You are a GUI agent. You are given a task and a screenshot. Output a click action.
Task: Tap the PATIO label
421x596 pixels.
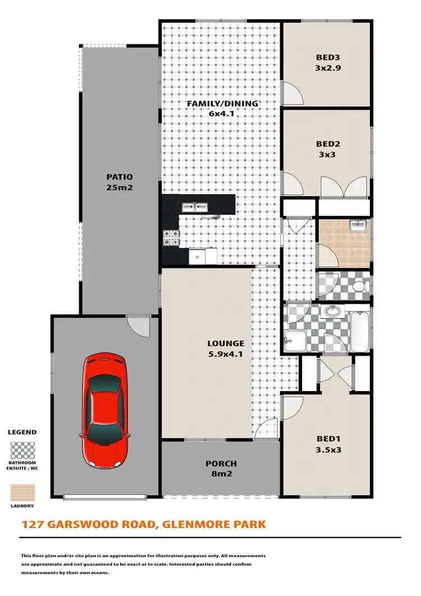click(119, 177)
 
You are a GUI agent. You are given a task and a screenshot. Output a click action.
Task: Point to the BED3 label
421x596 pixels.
click(328, 57)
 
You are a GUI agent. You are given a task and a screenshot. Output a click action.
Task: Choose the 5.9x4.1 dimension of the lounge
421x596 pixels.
click(225, 354)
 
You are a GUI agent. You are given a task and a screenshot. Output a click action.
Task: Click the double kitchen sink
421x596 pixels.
click(195, 208)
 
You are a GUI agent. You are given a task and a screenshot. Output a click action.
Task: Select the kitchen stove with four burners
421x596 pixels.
click(171, 238)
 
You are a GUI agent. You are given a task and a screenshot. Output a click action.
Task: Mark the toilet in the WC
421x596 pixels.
click(359, 288)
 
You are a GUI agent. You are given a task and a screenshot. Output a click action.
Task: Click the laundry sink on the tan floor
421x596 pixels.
click(358, 226)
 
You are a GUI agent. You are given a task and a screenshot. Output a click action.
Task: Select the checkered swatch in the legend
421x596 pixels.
click(22, 451)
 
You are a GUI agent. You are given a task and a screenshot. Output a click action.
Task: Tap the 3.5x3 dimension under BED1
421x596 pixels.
click(328, 449)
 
